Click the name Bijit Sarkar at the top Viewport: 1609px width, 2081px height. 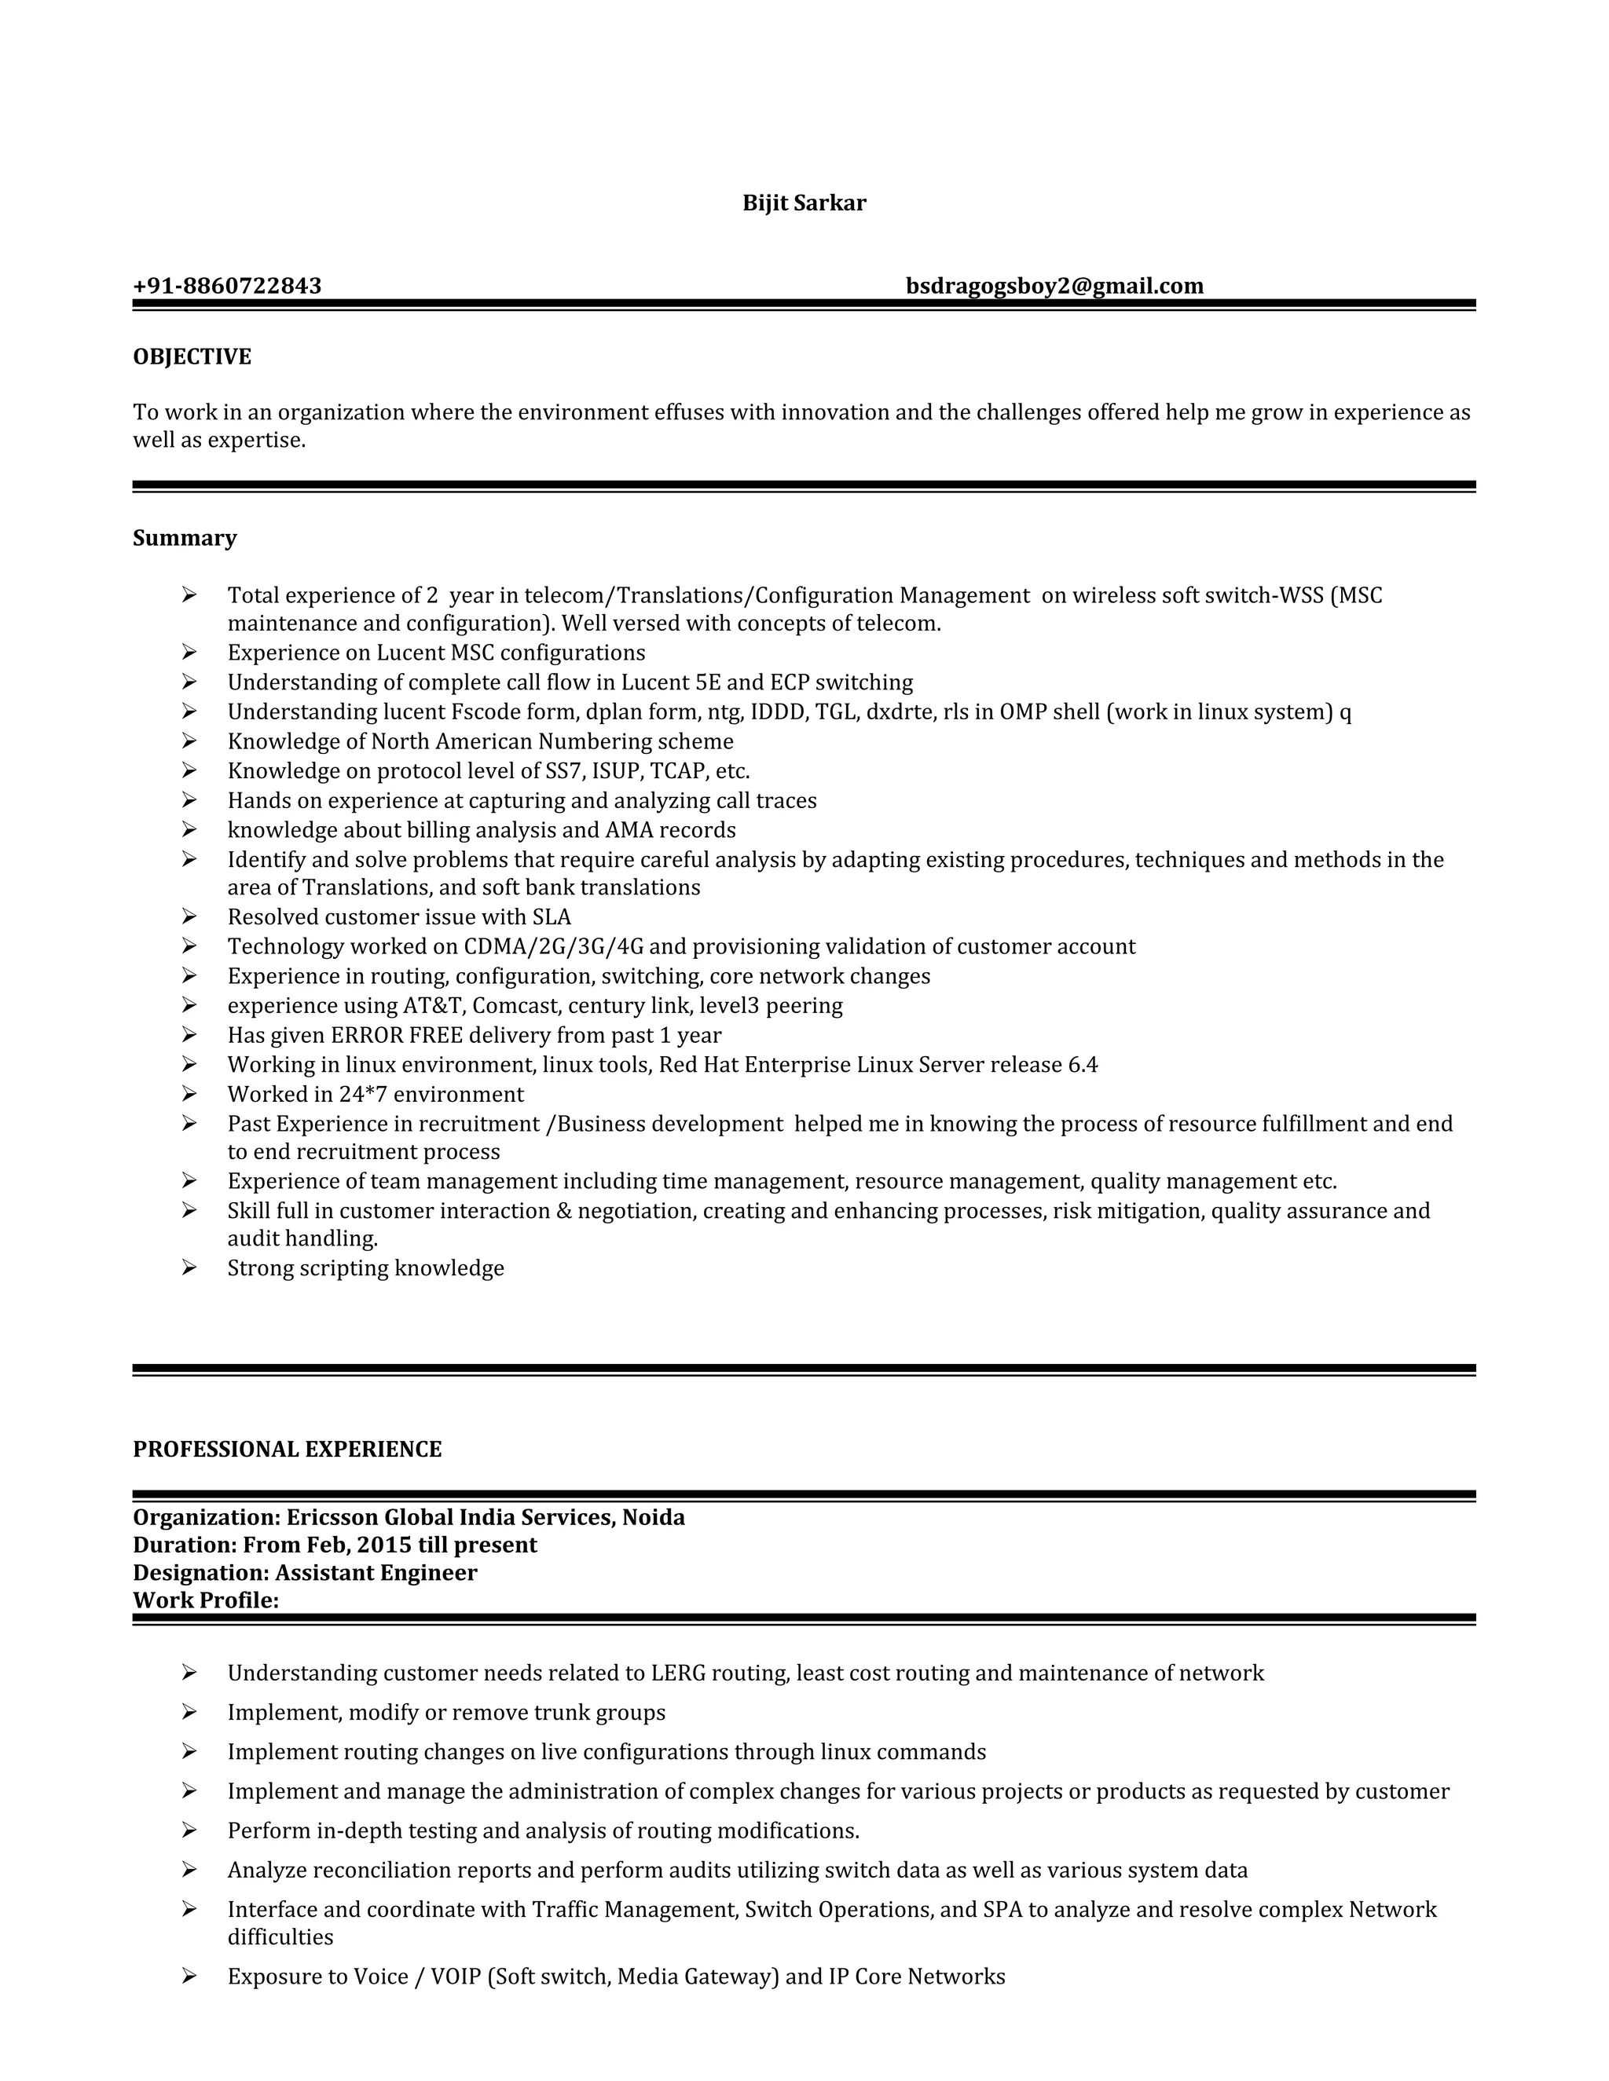(x=804, y=203)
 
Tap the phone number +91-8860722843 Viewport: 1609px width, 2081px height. (x=227, y=286)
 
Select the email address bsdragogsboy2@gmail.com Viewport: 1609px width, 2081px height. (x=1054, y=286)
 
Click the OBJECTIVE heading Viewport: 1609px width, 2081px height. (x=192, y=357)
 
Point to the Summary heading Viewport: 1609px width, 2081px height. (x=184, y=539)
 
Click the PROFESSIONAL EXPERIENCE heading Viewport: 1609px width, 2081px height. (x=287, y=1450)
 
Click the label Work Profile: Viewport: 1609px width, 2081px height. (x=206, y=1600)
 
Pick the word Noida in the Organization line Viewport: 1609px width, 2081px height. (x=654, y=1517)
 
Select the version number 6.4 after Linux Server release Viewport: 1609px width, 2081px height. (x=1083, y=1066)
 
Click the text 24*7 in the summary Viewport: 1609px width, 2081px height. (x=362, y=1095)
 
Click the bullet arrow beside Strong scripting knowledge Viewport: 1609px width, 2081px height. (x=189, y=1267)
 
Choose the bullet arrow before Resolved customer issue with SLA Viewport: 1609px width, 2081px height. (x=189, y=916)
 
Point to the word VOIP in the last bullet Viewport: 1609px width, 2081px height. (x=456, y=1977)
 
